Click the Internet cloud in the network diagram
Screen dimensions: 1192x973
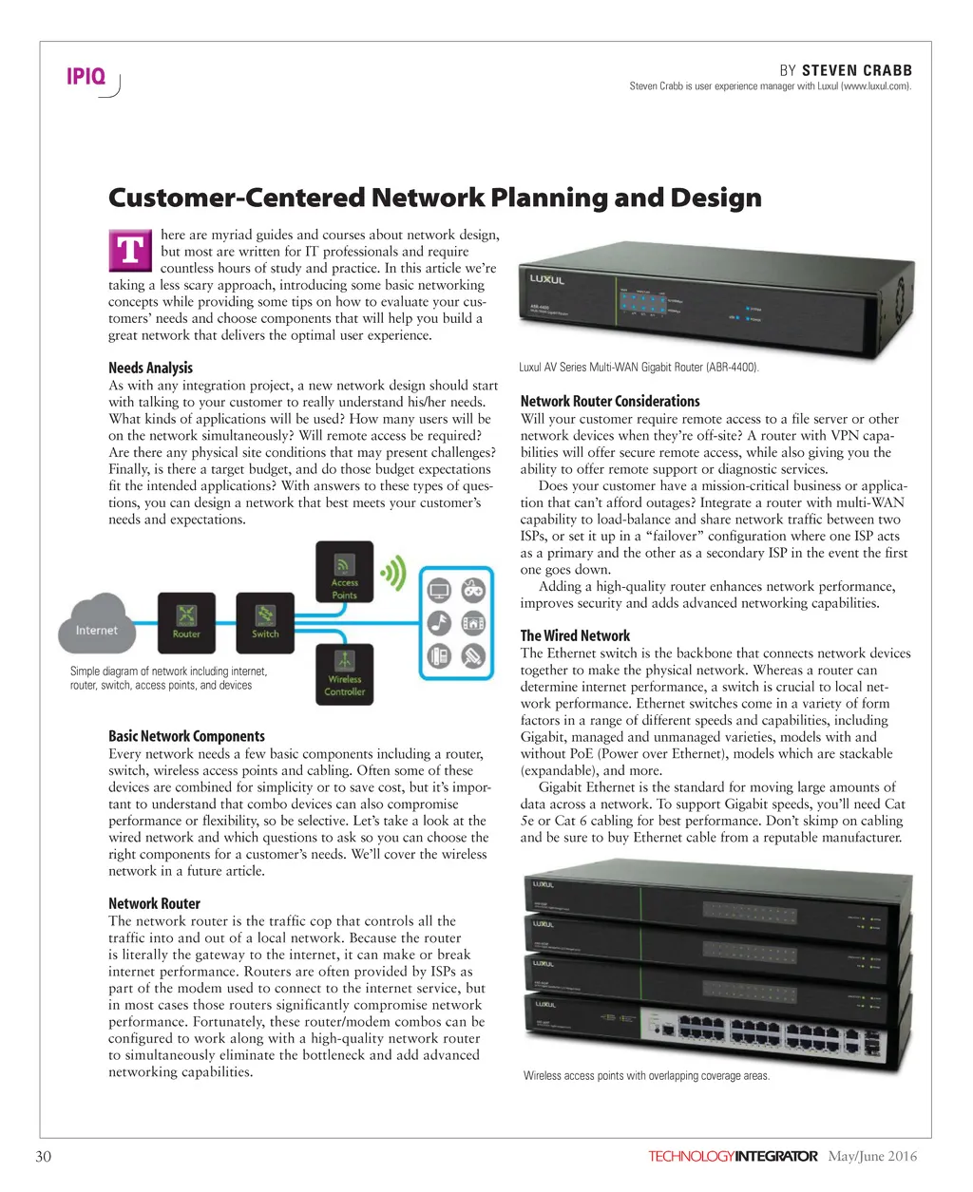(96, 623)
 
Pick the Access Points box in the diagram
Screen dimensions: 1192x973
(344, 574)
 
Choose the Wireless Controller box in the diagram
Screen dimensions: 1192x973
(344, 673)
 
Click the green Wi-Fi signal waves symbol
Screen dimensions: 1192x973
(391, 574)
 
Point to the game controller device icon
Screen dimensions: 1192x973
(473, 591)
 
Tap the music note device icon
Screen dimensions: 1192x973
(439, 623)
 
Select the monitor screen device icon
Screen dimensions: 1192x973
(439, 591)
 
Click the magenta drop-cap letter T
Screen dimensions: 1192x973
(129, 252)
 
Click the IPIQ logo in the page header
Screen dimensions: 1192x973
(86, 77)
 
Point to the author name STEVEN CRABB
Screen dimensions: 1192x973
(856, 70)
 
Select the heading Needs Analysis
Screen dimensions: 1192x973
(150, 368)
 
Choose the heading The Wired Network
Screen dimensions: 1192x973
(575, 635)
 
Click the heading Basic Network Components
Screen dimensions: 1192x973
(186, 736)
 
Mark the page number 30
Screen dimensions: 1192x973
(43, 1156)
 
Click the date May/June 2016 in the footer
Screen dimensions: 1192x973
(872, 1156)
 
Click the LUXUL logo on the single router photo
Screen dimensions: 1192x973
(548, 280)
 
